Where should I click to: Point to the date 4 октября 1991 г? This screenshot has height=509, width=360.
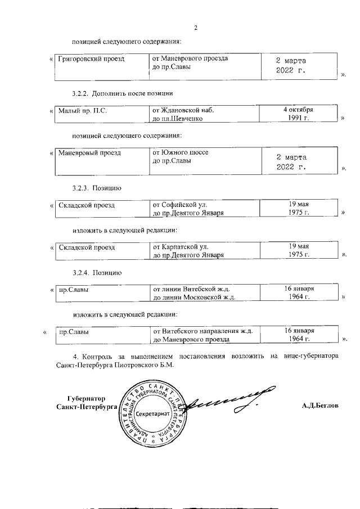point(298,114)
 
